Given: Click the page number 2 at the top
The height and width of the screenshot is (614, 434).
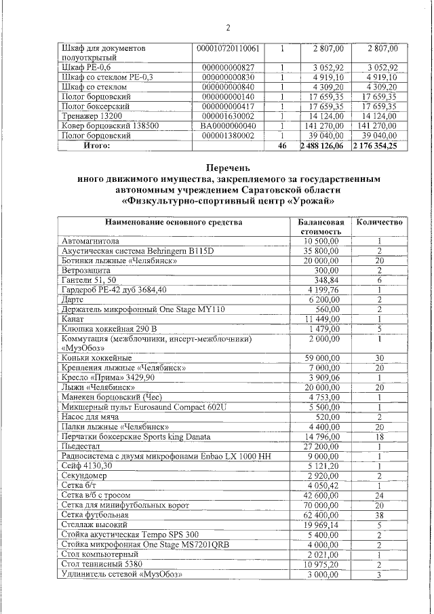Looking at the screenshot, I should click(x=228, y=28).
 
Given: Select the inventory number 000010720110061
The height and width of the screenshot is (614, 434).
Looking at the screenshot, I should click(x=228, y=49).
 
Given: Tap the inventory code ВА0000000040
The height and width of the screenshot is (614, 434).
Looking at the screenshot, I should click(x=229, y=126).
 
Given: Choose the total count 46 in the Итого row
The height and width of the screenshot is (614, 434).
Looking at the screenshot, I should click(x=282, y=145).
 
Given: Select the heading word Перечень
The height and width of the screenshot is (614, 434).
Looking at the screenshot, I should click(x=228, y=167).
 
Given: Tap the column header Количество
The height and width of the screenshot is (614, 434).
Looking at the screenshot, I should click(x=380, y=222).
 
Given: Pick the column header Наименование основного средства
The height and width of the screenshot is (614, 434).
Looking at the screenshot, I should click(x=173, y=222).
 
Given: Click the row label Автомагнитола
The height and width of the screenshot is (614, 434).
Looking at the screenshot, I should click(x=90, y=241).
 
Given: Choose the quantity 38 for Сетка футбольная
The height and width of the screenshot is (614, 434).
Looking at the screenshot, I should click(x=380, y=516).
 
